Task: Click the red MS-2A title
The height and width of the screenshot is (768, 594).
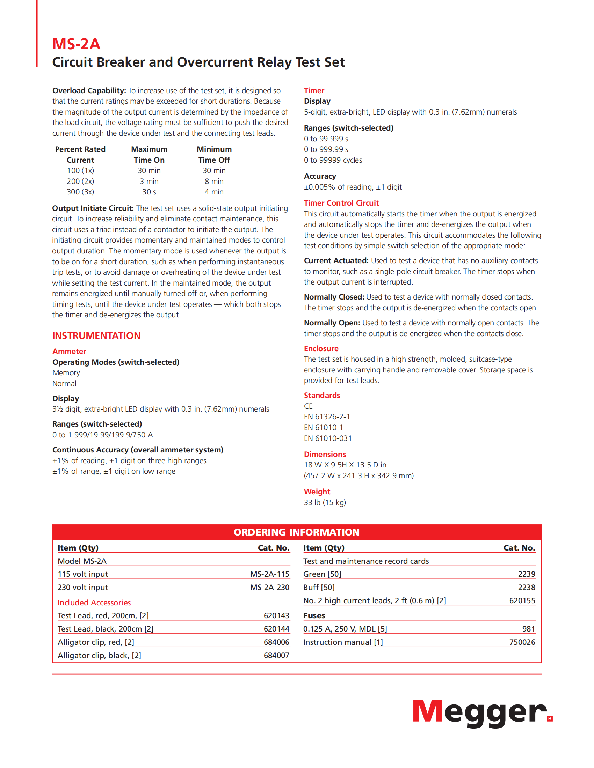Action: pyautogui.click(x=77, y=44)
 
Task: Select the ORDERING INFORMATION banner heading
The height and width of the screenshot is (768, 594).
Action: pyautogui.click(x=297, y=532)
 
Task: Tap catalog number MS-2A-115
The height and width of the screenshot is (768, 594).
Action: pyautogui.click(x=269, y=574)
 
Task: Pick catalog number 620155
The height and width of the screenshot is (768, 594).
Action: pyautogui.click(x=522, y=601)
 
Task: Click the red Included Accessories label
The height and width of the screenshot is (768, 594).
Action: pyautogui.click(x=94, y=603)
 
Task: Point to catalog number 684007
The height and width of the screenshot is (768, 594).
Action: pyautogui.click(x=276, y=656)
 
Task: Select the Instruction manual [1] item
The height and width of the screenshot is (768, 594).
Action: pyautogui.click(x=343, y=642)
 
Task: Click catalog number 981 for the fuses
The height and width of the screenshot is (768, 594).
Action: pyautogui.click(x=529, y=629)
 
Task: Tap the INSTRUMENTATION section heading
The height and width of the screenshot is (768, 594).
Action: pyautogui.click(x=96, y=336)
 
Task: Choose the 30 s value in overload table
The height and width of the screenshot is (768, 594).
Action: pyautogui.click(x=149, y=192)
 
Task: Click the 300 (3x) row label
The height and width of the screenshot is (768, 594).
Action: pyautogui.click(x=80, y=192)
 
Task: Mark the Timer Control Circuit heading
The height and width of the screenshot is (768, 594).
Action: pyautogui.click(x=341, y=203)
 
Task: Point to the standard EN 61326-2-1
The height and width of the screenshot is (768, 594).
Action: pyautogui.click(x=327, y=417)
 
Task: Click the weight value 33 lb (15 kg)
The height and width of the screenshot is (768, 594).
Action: pyautogui.click(x=325, y=502)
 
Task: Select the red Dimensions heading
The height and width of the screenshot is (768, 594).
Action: pyautogui.click(x=325, y=454)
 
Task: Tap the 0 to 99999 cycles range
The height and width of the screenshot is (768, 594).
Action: pyautogui.click(x=333, y=160)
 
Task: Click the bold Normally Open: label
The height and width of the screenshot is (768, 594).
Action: pyautogui.click(x=332, y=323)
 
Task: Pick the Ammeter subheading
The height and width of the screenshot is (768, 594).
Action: pyautogui.click(x=69, y=351)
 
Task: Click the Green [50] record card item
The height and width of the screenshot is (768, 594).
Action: pyautogui.click(x=323, y=574)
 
